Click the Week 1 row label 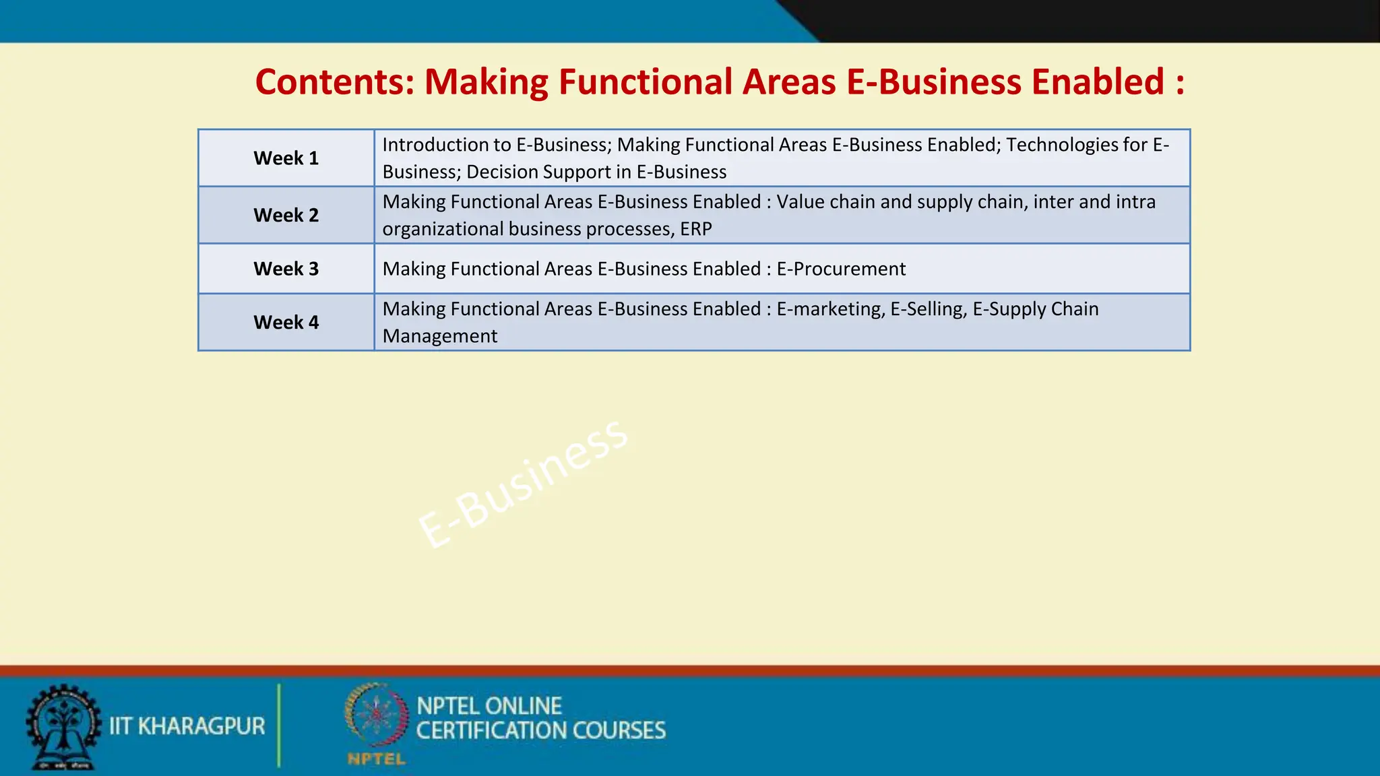click(x=286, y=158)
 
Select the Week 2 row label click(x=286, y=216)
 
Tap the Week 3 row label click(x=286, y=269)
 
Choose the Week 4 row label click(x=286, y=323)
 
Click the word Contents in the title click(x=334, y=82)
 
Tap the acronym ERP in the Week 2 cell click(x=696, y=229)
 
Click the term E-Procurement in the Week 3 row click(x=841, y=269)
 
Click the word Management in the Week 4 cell click(x=440, y=336)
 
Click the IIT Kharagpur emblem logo click(x=63, y=726)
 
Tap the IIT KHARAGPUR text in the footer click(x=187, y=726)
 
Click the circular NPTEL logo click(x=377, y=715)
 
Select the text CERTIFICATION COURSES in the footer click(x=541, y=731)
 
